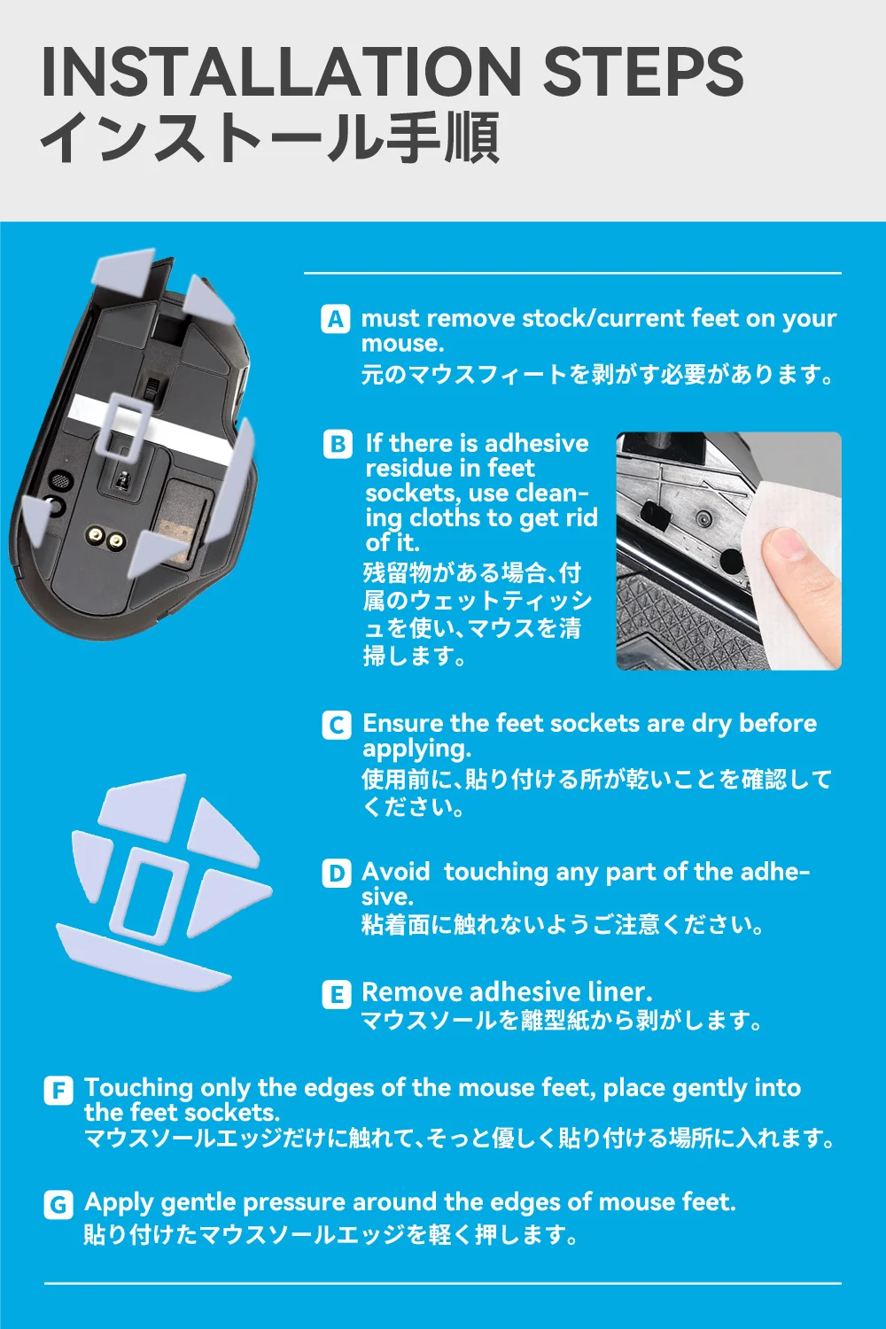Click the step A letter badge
(x=335, y=319)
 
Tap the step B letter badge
(x=338, y=445)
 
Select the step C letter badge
(x=337, y=725)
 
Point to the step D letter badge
(x=337, y=874)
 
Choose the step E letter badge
(x=337, y=994)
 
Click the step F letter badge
(x=58, y=1091)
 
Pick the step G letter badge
(x=58, y=1205)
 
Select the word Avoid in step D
(x=396, y=872)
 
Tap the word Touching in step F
(x=138, y=1089)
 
